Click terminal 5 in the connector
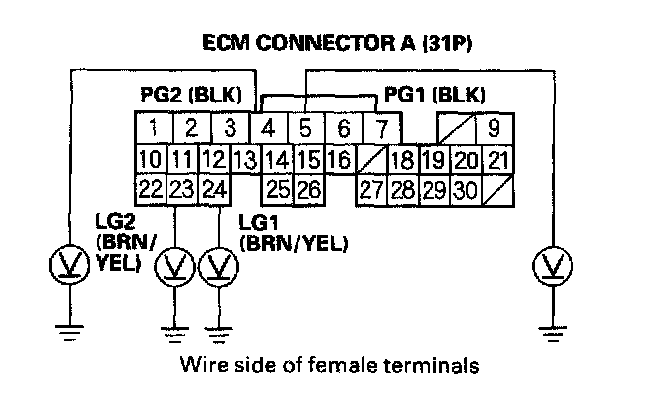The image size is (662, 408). (x=305, y=128)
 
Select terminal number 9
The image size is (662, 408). (x=493, y=128)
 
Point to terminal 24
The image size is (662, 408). (x=213, y=188)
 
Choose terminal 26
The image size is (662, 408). (x=307, y=188)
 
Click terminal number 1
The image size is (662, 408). (x=153, y=128)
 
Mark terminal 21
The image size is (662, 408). (x=499, y=159)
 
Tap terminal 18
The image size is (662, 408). (x=400, y=159)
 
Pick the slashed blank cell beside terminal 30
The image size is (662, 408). (x=498, y=188)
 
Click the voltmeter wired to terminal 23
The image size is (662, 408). (x=177, y=266)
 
